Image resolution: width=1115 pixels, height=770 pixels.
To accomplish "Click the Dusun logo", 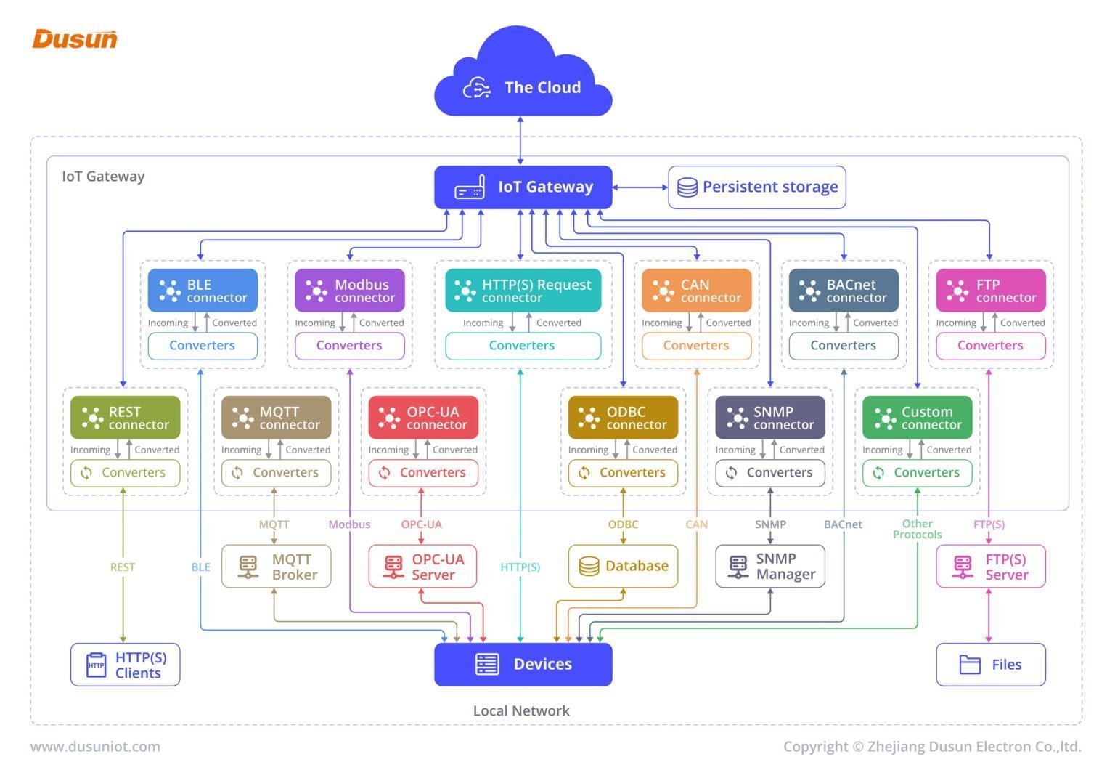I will pos(75,38).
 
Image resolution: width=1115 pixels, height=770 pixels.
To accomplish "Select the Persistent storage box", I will pos(756,187).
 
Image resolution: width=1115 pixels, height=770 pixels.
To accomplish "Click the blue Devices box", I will pos(523,664).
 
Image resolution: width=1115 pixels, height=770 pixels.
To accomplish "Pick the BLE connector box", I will pos(203,291).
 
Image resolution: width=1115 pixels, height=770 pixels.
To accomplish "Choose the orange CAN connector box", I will pos(696,291).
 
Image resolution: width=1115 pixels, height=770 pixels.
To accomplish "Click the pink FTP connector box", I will pos(990,291).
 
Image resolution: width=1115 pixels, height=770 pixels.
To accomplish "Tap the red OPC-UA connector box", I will pos(423,418).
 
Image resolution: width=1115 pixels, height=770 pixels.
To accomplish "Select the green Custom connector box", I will pos(917,418).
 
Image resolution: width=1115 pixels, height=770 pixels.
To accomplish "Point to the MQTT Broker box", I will pos(276,567).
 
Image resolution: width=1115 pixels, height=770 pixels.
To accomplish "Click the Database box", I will pos(623,566).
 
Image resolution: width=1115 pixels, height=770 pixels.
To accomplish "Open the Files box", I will pos(990,664).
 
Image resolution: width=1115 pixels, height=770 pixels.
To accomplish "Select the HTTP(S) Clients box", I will pos(125,664).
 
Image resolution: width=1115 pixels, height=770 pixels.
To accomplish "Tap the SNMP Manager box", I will pos(770,566).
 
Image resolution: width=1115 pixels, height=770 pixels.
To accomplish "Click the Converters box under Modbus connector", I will pos(349,346).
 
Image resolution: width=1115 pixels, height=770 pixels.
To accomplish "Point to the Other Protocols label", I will pos(917,529).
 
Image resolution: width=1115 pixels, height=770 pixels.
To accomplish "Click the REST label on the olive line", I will pos(123,567).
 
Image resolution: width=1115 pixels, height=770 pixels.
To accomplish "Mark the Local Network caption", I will pos(521,710).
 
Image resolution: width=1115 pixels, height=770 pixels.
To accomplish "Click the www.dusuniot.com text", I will pos(95,746).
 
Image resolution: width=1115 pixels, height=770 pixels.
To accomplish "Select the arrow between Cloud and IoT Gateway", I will pos(520,140).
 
